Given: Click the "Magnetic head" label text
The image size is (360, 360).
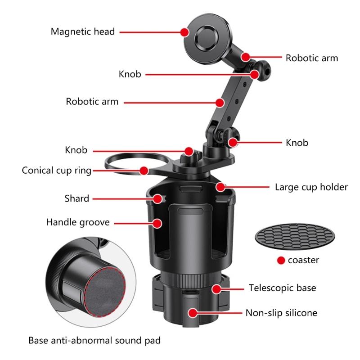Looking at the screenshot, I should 82,31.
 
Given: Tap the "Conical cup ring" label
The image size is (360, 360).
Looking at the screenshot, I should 57,171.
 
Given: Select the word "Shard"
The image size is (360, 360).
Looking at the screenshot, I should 76,198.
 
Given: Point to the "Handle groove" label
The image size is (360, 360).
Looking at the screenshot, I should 78,222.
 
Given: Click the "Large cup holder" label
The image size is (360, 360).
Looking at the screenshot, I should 311,187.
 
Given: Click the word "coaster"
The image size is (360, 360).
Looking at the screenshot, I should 304,260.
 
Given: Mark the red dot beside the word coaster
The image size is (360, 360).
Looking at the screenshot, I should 281,260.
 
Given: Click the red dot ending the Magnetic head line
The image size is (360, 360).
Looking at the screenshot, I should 184,31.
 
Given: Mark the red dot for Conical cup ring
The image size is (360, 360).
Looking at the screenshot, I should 144,171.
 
